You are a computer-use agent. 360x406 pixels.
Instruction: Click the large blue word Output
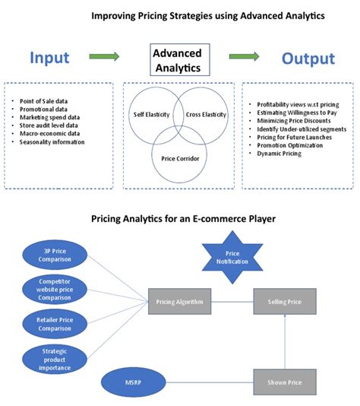(x=308, y=59)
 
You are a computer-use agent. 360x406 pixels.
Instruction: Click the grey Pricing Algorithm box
(x=180, y=303)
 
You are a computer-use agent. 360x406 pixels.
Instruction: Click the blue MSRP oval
(x=132, y=375)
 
